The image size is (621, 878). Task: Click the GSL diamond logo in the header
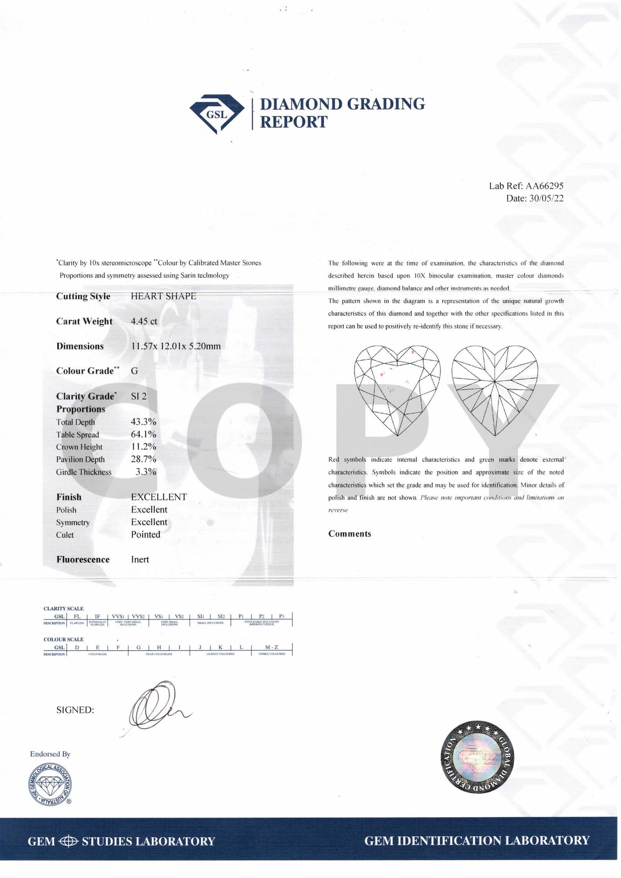pos(214,114)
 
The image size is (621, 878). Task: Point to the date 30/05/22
pos(546,198)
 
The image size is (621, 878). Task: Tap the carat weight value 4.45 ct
pos(144,321)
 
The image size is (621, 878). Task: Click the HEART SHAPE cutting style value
pos(163,296)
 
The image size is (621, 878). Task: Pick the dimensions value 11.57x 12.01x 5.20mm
pos(176,346)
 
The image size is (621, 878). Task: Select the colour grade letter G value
pos(134,371)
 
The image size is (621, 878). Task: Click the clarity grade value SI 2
pos(139,396)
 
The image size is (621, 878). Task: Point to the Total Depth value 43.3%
pos(143,422)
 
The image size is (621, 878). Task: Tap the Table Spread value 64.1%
pos(143,434)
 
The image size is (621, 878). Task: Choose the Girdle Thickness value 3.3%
pos(146,472)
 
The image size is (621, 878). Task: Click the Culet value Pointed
pos(145,534)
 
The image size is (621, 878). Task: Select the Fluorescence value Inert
pos(140,560)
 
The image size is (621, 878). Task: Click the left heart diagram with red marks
pos(397,390)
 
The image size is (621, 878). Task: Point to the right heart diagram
pos(495,390)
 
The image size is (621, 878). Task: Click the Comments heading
pos(350,534)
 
